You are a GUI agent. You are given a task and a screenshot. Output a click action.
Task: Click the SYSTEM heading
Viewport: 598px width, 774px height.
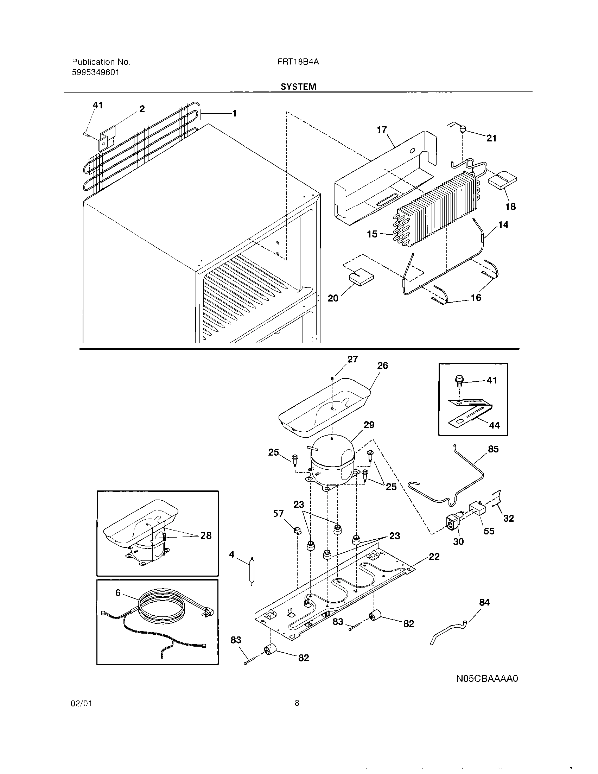pos(298,87)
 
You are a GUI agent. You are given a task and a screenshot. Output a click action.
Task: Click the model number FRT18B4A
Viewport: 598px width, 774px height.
pos(298,62)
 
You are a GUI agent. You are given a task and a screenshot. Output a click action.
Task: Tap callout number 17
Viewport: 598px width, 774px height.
pos(382,130)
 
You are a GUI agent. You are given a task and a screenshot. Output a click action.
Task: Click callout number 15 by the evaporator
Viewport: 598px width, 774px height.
pos(372,234)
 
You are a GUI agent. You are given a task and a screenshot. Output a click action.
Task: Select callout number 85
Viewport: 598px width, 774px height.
pos(493,449)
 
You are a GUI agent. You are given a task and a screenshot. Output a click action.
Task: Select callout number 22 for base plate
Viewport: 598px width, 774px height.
pos(434,557)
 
